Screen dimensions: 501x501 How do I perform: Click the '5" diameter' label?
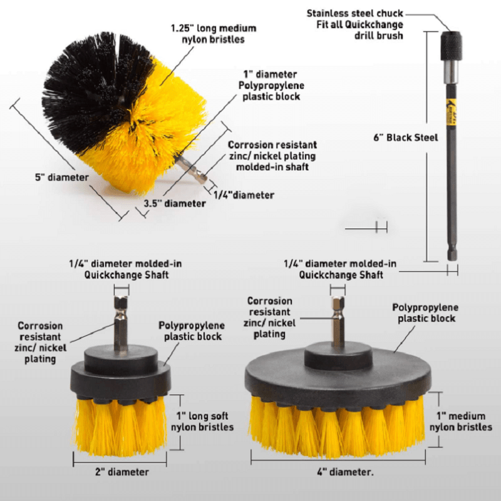pos(61,177)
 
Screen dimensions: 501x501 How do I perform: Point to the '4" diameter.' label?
pos(344,472)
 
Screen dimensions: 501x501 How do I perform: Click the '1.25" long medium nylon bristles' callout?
pos(214,34)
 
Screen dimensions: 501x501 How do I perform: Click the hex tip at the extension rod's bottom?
pos(452,254)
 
